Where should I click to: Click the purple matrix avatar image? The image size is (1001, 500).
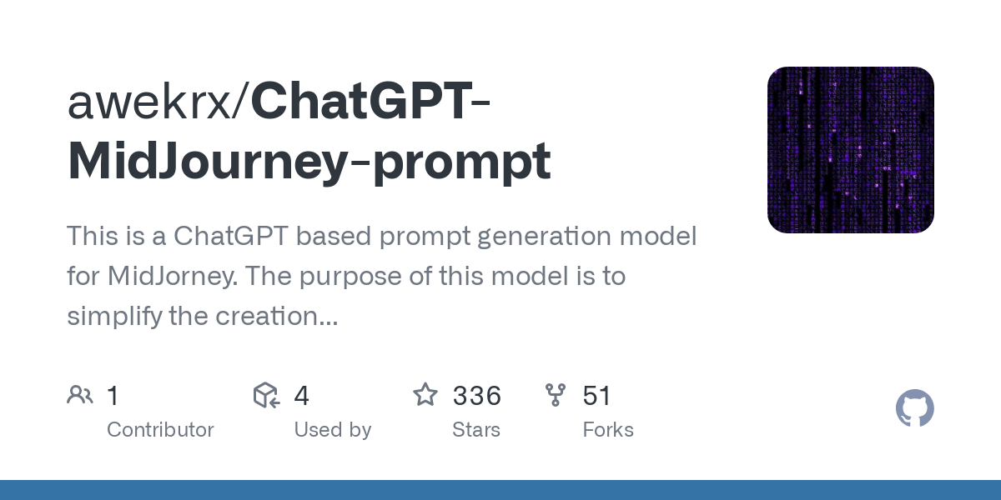[850, 150]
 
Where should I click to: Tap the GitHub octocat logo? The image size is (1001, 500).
[914, 409]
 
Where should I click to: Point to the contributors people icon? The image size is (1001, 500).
[80, 395]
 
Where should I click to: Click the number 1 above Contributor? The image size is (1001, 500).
[113, 396]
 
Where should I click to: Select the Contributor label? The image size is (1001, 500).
[160, 430]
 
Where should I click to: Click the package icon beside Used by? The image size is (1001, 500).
[266, 395]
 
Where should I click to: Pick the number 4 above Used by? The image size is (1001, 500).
[301, 396]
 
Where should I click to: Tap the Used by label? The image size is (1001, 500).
[332, 430]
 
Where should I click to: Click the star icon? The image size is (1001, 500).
[425, 395]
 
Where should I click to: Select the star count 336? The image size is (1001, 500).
[476, 396]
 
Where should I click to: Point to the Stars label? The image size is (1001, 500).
[475, 430]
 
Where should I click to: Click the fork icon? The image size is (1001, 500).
[556, 395]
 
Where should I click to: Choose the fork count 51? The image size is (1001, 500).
[597, 396]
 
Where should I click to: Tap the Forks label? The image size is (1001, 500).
[607, 430]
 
